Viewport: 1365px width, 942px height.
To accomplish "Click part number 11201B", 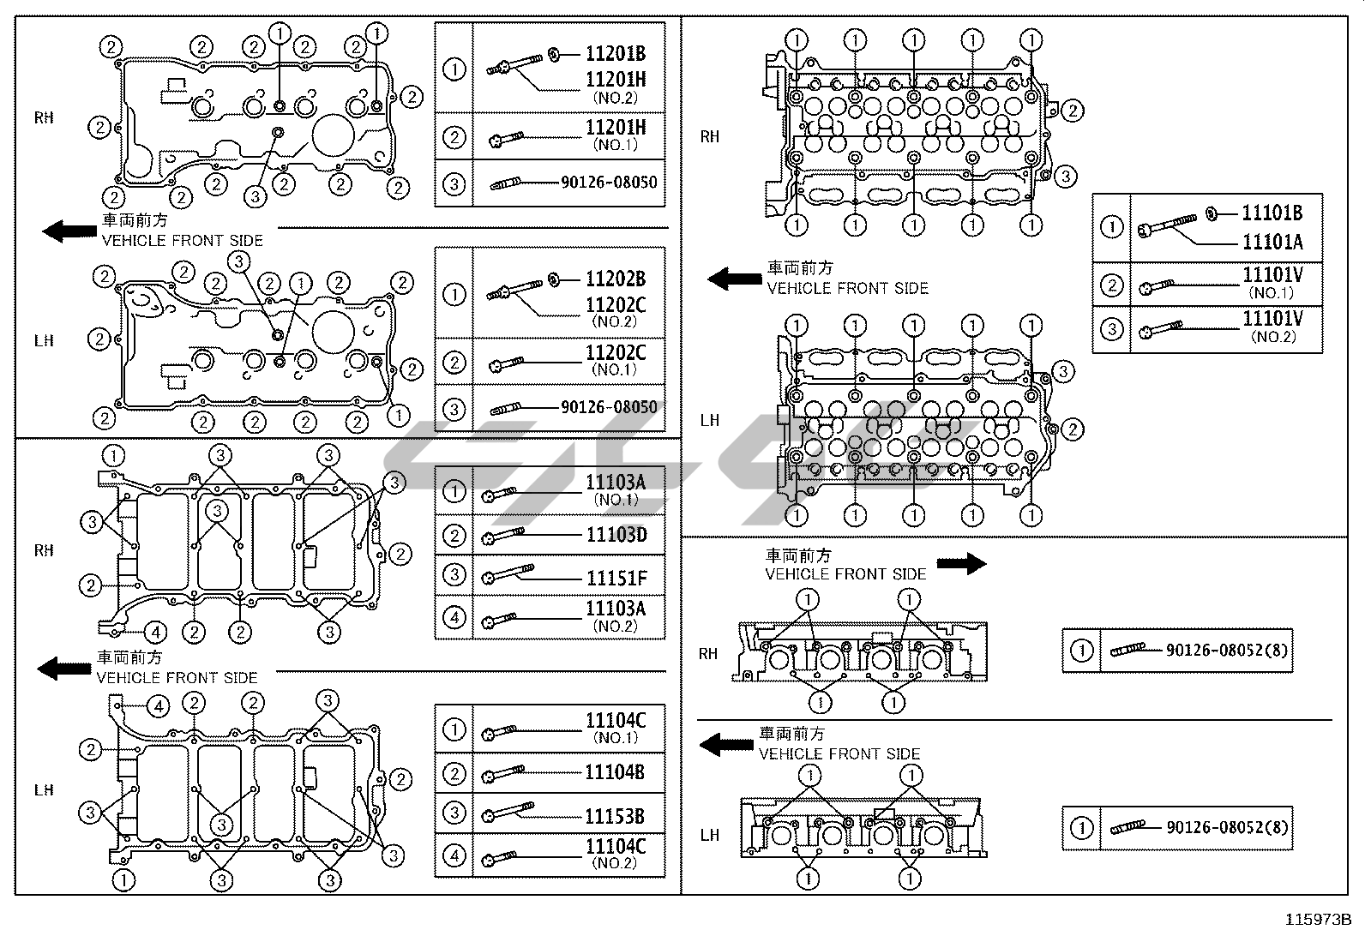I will (615, 54).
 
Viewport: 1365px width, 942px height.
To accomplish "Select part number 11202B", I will (615, 279).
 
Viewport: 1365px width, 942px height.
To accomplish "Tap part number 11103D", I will (615, 536).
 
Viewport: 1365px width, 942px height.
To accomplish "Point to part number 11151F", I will (615, 578).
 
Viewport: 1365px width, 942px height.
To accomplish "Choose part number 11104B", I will (615, 772).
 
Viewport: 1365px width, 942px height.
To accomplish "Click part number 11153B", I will (615, 816).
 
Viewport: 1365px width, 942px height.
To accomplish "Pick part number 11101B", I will (1272, 213).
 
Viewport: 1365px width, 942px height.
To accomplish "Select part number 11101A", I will (1272, 243).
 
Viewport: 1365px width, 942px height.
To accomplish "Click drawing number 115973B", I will (1318, 921).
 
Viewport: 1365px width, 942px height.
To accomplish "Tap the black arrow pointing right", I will (961, 563).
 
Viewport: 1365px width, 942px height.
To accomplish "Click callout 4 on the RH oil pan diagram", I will (155, 633).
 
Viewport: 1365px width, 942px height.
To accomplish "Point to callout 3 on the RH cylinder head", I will (1064, 177).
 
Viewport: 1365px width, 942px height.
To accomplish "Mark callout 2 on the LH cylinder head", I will (1072, 429).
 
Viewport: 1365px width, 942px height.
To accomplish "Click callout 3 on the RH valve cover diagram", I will (255, 196).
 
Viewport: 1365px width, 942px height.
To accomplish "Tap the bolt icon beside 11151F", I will (508, 574).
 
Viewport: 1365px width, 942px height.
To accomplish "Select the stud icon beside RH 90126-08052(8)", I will (1127, 651).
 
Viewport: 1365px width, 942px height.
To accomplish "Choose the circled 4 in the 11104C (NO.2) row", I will (454, 855).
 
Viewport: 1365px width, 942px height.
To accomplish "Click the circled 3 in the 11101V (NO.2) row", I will (1111, 329).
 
